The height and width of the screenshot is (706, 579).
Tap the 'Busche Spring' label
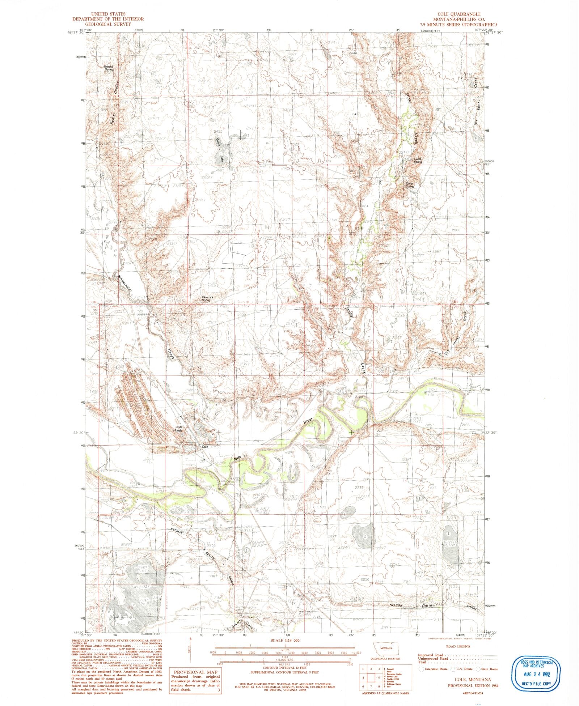pos(109,68)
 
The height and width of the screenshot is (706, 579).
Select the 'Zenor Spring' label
pos(409,185)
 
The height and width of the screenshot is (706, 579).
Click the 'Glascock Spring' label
pos(207,299)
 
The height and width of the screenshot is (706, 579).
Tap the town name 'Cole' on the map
pos(205,447)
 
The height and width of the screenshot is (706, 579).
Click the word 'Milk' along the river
pos(237,459)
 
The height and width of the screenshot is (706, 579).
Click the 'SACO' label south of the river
pos(322,507)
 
